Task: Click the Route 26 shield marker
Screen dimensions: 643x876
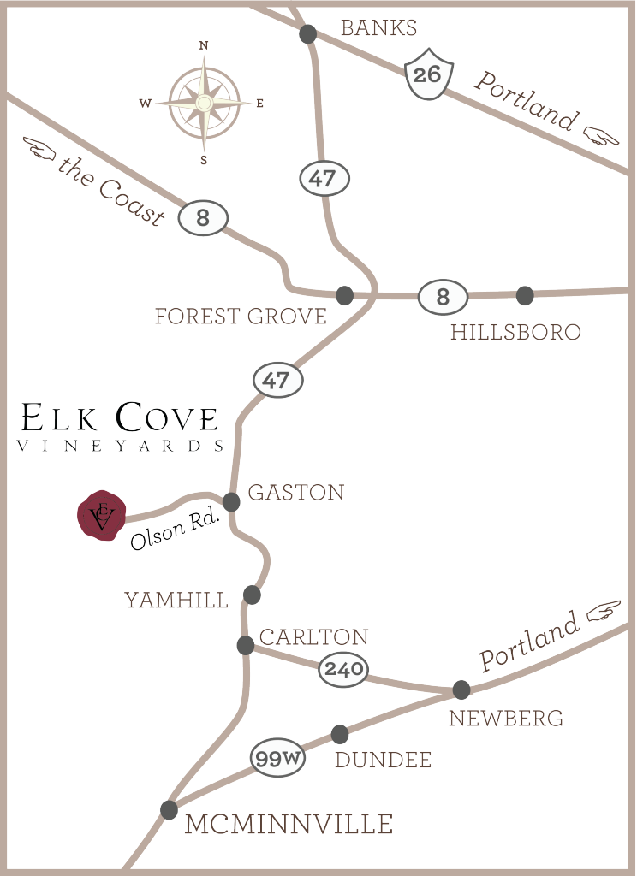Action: (x=426, y=74)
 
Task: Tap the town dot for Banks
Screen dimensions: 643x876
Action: (x=308, y=34)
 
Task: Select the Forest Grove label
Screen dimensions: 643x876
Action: (x=241, y=317)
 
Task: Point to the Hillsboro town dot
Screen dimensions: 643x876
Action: (x=526, y=295)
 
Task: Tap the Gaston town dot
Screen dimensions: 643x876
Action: (x=231, y=501)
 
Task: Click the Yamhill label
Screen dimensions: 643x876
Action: (x=176, y=601)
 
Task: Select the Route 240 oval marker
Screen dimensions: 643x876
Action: (x=343, y=670)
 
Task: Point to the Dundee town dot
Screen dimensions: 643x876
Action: (x=340, y=734)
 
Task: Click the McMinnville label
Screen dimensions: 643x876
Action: (x=289, y=825)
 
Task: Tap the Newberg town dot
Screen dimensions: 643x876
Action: (x=461, y=689)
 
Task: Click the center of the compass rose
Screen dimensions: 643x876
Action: (x=204, y=104)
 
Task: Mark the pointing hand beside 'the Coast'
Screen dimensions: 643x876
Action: (x=39, y=150)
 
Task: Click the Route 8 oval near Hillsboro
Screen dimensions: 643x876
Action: (x=443, y=298)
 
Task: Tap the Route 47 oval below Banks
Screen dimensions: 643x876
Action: (x=324, y=179)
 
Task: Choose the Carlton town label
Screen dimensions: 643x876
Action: (x=313, y=637)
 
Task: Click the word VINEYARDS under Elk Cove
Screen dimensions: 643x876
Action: (x=121, y=446)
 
